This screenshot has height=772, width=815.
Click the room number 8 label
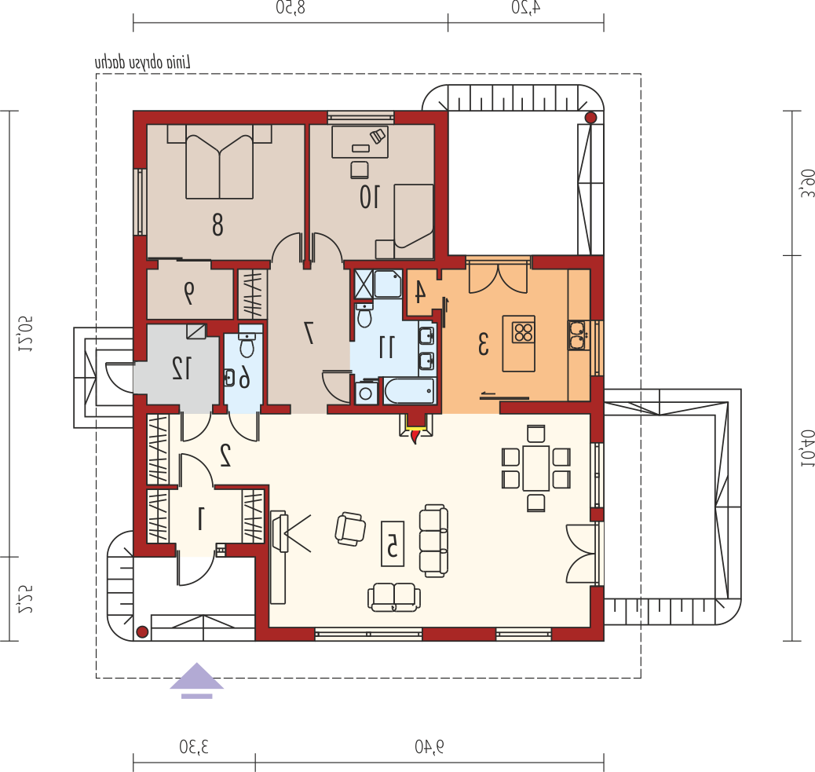[217, 225]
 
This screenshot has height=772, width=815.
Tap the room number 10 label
[370, 197]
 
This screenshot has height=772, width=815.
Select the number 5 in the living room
[393, 543]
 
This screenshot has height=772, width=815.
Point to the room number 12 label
[181, 368]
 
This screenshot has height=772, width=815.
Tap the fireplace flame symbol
[415, 436]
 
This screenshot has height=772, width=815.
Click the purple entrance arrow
[196, 680]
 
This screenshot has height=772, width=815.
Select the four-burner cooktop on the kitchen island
[524, 332]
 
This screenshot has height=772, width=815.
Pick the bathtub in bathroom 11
[410, 391]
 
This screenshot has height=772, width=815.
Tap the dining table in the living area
[536, 468]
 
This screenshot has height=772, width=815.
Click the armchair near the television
[350, 529]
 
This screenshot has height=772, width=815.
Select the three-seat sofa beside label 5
[433, 540]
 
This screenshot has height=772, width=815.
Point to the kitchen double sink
[577, 335]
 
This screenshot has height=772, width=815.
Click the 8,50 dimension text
[291, 7]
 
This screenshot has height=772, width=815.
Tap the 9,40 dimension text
[429, 747]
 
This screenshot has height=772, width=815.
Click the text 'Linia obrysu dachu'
[143, 62]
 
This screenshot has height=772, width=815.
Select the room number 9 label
[188, 293]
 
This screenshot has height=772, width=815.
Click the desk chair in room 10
[359, 170]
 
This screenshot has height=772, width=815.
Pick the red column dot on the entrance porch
[142, 632]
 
